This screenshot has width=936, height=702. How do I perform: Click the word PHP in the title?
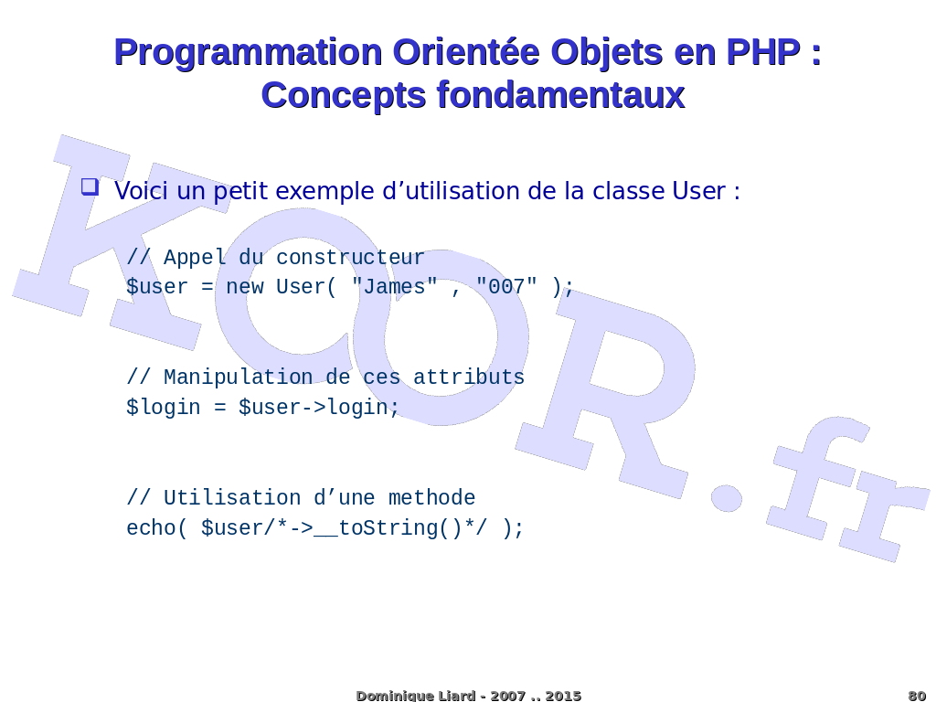click(x=763, y=52)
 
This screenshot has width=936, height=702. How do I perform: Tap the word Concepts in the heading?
click(x=344, y=95)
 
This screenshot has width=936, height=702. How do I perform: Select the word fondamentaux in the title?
click(x=560, y=95)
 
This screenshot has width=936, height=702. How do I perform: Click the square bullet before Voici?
click(x=90, y=186)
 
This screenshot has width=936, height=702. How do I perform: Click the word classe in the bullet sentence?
click(x=628, y=191)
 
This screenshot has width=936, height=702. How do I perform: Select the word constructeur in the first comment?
click(x=350, y=257)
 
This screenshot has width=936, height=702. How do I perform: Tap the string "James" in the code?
click(x=395, y=286)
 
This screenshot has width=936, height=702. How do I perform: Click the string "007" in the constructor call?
click(x=506, y=286)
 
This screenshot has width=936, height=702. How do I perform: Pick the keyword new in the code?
click(x=245, y=287)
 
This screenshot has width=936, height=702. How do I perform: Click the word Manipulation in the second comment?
click(x=239, y=378)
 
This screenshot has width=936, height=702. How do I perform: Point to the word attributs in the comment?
click(x=469, y=378)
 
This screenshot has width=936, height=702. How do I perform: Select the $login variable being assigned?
click(x=163, y=408)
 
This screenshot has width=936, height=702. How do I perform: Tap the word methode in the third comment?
click(x=431, y=498)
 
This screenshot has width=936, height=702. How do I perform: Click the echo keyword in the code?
click(x=151, y=528)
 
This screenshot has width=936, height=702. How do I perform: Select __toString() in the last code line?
click(x=388, y=529)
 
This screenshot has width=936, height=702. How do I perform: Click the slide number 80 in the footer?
click(x=917, y=696)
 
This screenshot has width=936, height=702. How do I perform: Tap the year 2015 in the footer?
click(x=563, y=696)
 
